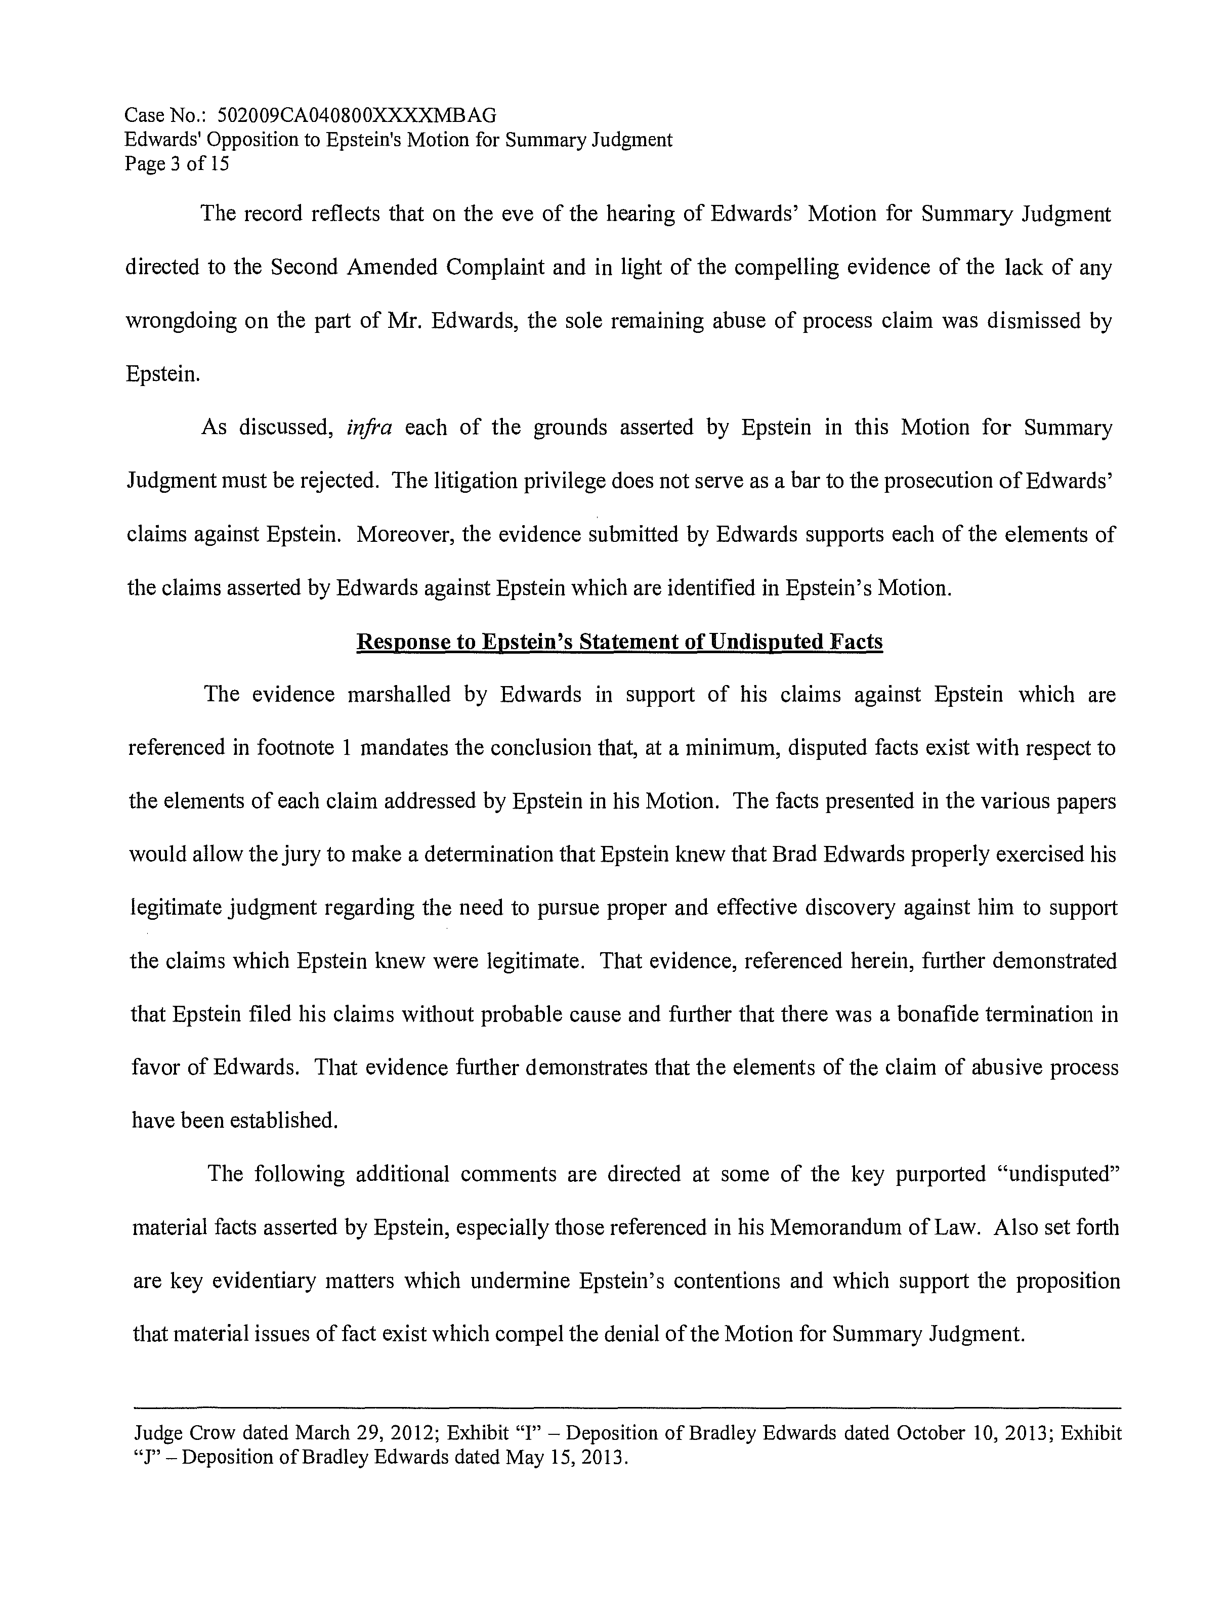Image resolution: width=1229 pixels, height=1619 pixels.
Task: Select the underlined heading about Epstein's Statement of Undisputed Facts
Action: click(x=619, y=642)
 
